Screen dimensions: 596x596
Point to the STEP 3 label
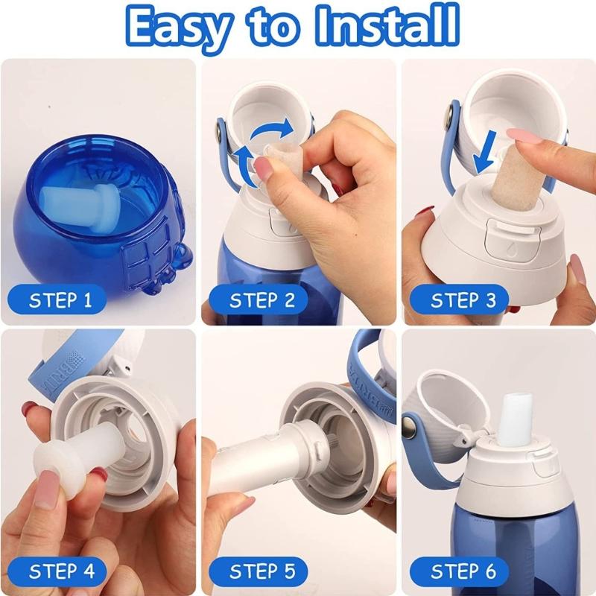463,301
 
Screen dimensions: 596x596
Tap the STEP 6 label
463,572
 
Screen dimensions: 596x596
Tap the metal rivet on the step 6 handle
411,428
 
